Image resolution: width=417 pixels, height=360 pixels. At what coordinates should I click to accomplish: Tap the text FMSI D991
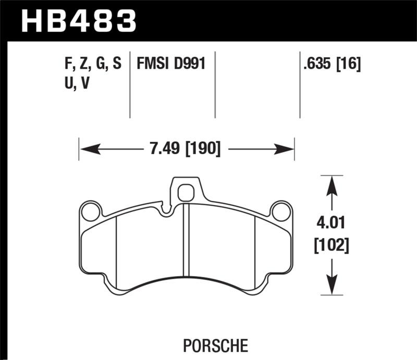click(170, 64)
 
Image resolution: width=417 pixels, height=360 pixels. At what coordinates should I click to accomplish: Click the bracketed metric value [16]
click(349, 65)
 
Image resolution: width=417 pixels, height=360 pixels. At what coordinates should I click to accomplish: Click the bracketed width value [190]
click(202, 150)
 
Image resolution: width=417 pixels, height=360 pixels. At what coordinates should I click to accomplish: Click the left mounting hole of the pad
click(91, 212)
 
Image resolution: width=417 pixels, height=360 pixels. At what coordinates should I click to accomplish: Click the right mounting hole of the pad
click(281, 212)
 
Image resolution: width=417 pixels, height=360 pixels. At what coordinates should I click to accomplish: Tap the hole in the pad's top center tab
click(186, 193)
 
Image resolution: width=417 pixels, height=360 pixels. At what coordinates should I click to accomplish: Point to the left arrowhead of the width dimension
click(88, 150)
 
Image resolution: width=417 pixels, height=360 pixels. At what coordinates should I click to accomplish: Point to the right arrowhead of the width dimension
click(286, 150)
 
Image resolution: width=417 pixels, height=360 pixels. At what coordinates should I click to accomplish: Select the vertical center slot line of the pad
click(187, 240)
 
